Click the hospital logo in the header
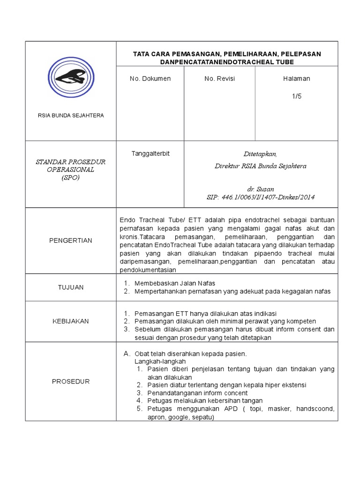70,77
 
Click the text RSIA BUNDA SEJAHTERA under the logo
70,115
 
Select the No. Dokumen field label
150,79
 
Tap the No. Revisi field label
219,79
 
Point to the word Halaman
296,79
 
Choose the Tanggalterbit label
150,154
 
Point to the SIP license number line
260,197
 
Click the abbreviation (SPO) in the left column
70,178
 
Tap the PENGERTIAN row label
70,240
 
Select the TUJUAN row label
70,287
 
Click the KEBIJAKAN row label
70,321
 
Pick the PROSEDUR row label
70,382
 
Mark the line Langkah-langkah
160,361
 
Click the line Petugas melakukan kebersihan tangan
205,401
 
